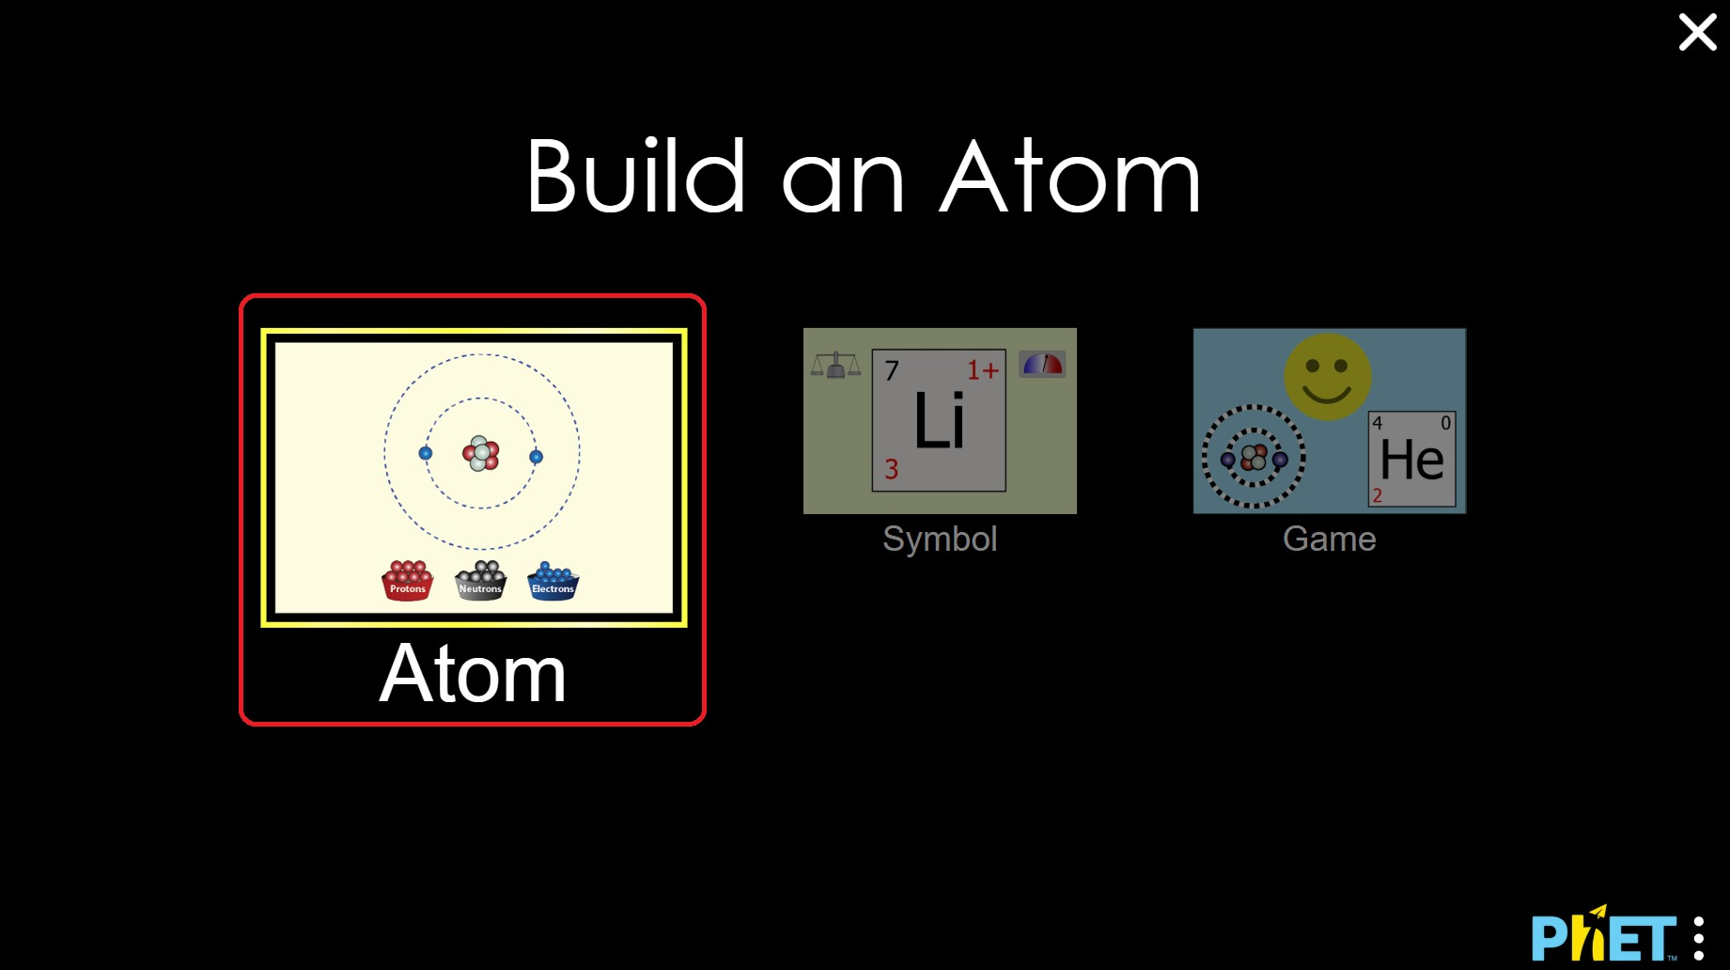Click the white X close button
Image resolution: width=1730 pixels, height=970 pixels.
1697,32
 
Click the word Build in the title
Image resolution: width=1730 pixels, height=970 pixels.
636,177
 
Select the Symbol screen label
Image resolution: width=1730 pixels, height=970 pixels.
940,539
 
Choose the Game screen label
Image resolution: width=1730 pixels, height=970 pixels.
1329,539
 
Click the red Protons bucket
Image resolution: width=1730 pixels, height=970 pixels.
407,581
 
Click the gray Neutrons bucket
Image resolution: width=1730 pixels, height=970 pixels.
480,581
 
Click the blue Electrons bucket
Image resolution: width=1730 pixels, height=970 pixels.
553,581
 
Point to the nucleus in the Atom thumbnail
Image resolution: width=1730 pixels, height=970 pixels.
481,453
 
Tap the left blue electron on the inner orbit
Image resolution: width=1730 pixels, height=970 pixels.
426,453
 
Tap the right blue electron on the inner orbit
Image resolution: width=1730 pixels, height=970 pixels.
536,457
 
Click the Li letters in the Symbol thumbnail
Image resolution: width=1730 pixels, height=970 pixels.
940,421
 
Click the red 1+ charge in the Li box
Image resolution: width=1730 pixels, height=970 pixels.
983,370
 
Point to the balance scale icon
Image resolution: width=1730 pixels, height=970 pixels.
835,365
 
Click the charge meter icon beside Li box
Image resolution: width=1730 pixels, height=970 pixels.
1042,365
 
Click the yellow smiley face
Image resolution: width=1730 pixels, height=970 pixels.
1327,376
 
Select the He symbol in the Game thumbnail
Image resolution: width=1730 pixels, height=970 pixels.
1411,460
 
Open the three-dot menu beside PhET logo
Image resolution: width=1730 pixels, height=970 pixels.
1699,938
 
